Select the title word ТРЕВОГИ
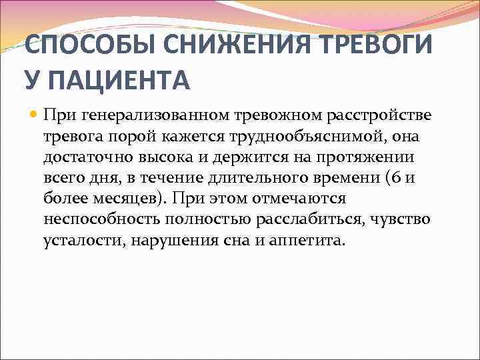tap(375, 47)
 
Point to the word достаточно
tap(83, 157)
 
